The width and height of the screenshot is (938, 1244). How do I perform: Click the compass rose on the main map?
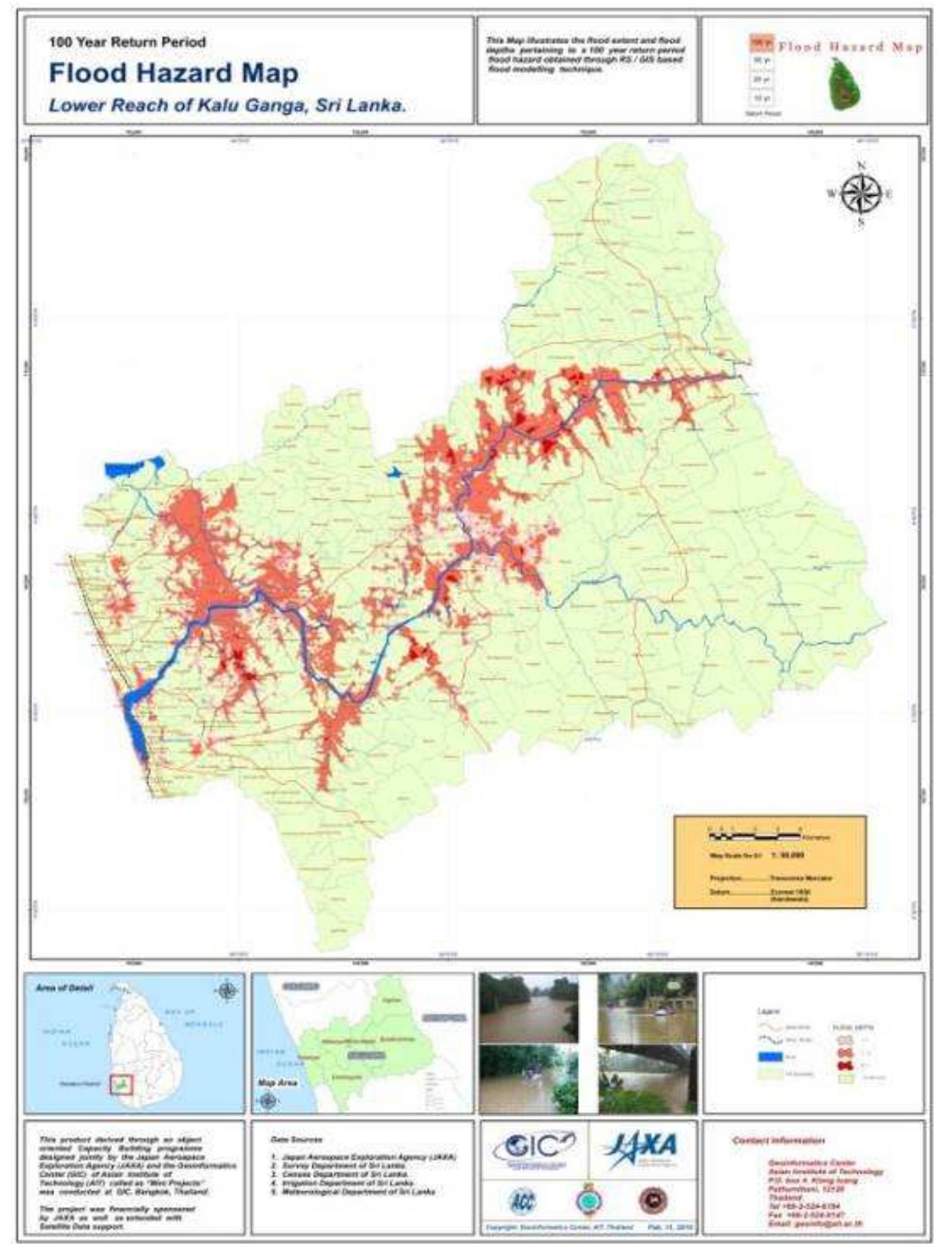coord(861,193)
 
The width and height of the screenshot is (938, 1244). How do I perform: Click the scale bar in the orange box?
coord(755,836)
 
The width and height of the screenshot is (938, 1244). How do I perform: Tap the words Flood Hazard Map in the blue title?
coord(173,73)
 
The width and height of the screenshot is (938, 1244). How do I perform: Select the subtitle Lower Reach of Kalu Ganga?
coord(227,106)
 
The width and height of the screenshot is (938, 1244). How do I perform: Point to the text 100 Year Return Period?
coord(127,42)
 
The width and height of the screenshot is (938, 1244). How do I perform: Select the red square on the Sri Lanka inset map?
coord(122,1085)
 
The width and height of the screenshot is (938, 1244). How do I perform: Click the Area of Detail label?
coord(64,988)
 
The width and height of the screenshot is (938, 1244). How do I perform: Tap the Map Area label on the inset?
coord(277,1083)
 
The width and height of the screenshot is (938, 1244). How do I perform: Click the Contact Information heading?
coord(778,1140)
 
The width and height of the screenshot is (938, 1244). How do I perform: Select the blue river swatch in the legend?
coord(770,1057)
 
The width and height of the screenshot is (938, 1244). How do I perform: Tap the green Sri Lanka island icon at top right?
coord(845,85)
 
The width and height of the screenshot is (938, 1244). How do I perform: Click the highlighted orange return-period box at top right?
coord(761,43)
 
